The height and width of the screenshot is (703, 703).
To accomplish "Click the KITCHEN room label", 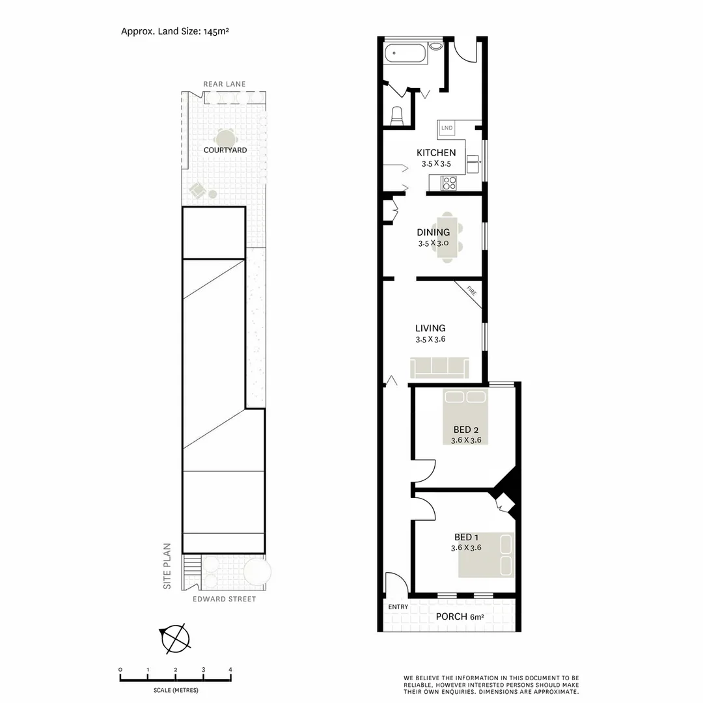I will click(436, 153).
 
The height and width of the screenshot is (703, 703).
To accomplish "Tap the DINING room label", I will click(433, 232).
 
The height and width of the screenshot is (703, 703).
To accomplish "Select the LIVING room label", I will click(430, 329).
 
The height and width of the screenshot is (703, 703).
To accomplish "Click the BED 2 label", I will click(466, 430).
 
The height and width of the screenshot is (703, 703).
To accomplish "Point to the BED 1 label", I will click(467, 537).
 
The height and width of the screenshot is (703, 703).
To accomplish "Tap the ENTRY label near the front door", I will click(398, 607).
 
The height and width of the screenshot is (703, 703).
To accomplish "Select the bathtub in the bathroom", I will click(406, 53).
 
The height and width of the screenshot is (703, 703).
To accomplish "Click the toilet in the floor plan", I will click(396, 115).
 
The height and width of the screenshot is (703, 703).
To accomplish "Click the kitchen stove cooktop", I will click(449, 183).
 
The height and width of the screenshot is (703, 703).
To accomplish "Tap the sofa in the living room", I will click(439, 368).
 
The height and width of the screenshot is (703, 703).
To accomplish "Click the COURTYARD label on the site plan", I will click(225, 150).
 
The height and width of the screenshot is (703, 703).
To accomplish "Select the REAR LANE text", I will click(224, 85).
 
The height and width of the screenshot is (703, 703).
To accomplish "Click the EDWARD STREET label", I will click(225, 600).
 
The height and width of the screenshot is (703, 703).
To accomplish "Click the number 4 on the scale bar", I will click(230, 669).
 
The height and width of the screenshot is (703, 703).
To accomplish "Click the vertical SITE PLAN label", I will click(167, 566).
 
